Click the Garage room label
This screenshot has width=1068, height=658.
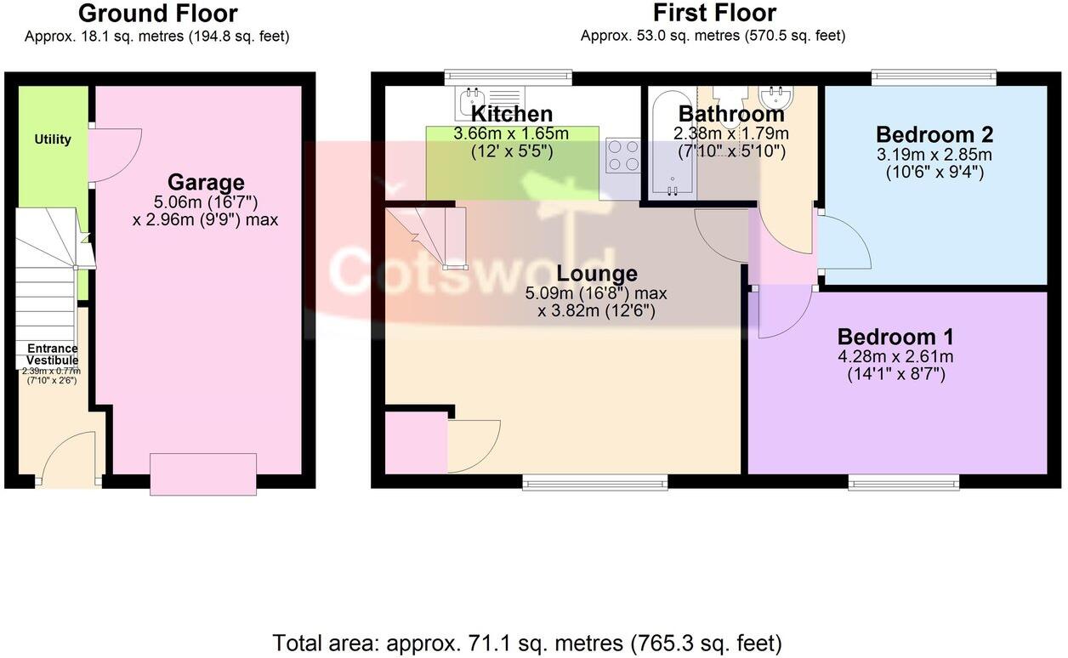(x=206, y=182)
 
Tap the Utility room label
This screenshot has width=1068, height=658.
(x=53, y=139)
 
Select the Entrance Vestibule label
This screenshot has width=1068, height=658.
(x=53, y=355)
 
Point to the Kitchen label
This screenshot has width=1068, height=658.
(x=512, y=114)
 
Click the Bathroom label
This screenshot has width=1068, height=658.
(x=731, y=114)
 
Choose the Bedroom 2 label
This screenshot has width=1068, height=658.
(x=934, y=134)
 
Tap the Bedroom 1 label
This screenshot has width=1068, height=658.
(x=895, y=336)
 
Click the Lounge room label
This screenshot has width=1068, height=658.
(x=596, y=274)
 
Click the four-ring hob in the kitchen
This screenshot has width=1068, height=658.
(x=622, y=156)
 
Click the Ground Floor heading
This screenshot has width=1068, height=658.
(x=158, y=14)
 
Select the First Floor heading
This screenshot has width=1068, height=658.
(x=714, y=14)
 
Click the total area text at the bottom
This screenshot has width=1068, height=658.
(x=527, y=642)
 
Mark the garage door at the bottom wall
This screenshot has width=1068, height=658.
(x=203, y=474)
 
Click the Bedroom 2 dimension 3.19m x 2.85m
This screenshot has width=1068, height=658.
(x=934, y=156)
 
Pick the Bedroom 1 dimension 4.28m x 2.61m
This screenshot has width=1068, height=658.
(x=895, y=356)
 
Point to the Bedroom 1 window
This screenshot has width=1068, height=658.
(x=904, y=483)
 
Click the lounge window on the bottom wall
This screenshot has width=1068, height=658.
(x=595, y=483)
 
